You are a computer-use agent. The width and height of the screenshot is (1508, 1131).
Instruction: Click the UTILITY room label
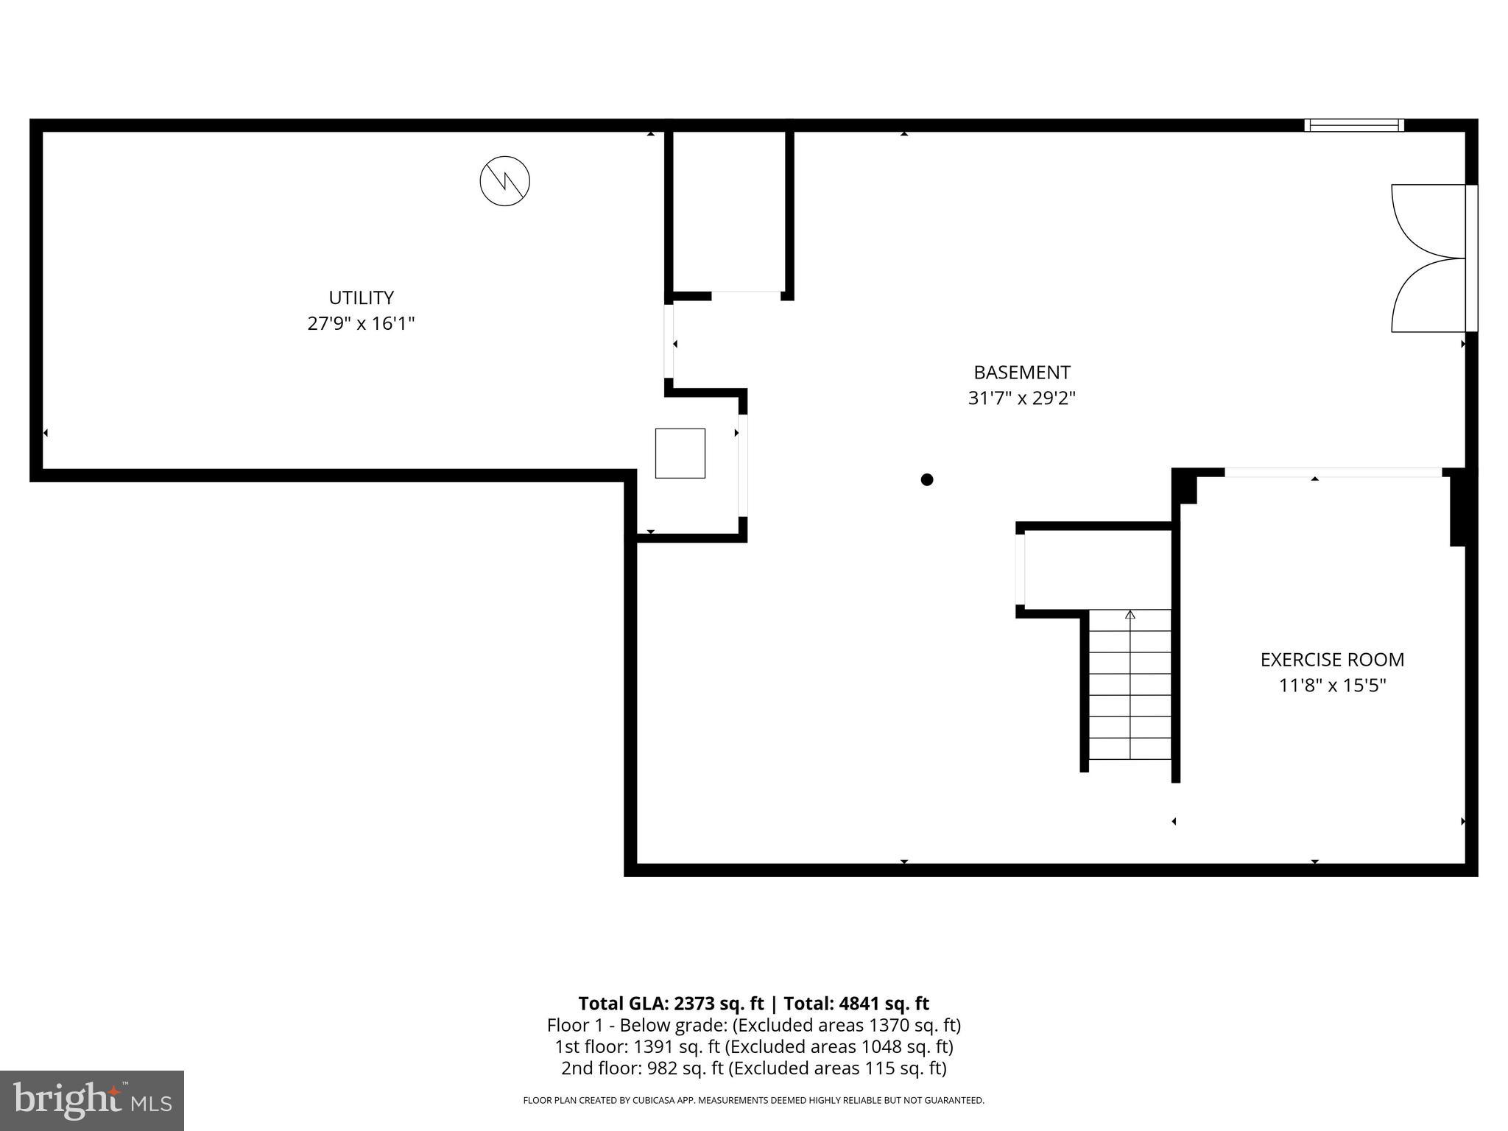pyautogui.click(x=361, y=297)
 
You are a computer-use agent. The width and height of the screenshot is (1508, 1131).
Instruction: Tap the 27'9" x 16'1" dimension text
pyautogui.click(x=361, y=323)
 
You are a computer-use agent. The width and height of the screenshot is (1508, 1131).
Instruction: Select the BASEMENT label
pyautogui.click(x=1021, y=372)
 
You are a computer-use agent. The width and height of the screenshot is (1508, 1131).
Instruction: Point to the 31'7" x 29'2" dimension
pyautogui.click(x=1021, y=398)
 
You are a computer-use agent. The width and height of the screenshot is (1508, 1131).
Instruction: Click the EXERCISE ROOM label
pyautogui.click(x=1331, y=660)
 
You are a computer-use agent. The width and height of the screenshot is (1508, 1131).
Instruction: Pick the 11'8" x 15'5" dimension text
pyautogui.click(x=1331, y=686)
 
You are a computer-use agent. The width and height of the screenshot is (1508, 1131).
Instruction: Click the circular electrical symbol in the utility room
pyautogui.click(x=504, y=180)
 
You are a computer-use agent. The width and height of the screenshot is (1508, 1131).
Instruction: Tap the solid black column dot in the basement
pyautogui.click(x=927, y=479)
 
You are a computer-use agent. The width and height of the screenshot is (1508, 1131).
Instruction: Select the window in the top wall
pyautogui.click(x=1353, y=125)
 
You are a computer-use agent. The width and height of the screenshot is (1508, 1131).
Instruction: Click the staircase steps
pyautogui.click(x=1130, y=685)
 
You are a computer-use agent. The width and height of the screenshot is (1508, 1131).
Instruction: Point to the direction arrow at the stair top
pyautogui.click(x=1130, y=615)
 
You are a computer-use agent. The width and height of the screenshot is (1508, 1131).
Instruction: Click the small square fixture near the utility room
pyautogui.click(x=680, y=453)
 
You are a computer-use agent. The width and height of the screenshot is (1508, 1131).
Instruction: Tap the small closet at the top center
pyautogui.click(x=729, y=214)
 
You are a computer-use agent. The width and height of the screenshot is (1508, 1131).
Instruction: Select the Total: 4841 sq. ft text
pyautogui.click(x=856, y=1004)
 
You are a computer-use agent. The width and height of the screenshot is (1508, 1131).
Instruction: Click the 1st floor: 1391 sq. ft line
pyautogui.click(x=753, y=1046)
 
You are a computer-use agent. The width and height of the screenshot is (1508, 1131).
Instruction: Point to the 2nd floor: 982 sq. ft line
pyautogui.click(x=753, y=1068)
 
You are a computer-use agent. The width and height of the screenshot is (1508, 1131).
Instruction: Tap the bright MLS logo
pyautogui.click(x=92, y=1100)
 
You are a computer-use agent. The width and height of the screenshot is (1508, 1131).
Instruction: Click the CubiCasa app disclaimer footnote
pyautogui.click(x=753, y=1100)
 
